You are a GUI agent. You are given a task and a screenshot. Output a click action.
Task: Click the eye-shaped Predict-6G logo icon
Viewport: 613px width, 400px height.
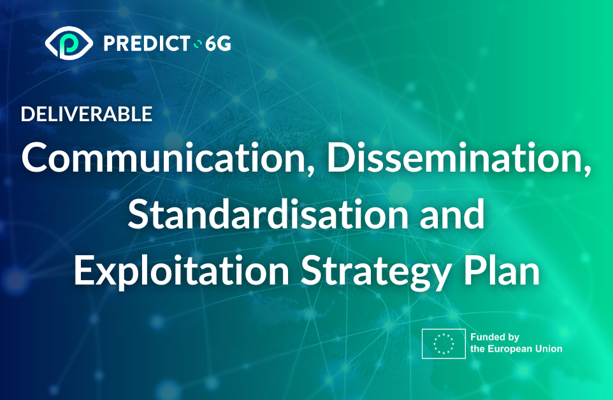click(69, 43)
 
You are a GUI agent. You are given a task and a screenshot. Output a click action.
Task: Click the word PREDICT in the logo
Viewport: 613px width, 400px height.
click(147, 43)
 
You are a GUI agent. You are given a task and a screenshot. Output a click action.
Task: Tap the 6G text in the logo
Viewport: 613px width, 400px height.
click(218, 43)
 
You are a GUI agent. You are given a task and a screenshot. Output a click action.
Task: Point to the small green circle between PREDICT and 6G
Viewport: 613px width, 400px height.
click(198, 44)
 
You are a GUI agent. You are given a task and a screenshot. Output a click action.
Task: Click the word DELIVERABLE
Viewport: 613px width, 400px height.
click(87, 114)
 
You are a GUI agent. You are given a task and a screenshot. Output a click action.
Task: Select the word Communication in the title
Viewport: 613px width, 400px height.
click(163, 158)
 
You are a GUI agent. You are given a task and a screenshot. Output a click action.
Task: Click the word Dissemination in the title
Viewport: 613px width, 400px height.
click(454, 158)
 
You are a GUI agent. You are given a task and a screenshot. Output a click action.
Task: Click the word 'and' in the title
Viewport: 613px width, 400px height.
click(452, 214)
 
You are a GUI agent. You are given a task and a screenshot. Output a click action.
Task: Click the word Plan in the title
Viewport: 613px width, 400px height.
click(501, 270)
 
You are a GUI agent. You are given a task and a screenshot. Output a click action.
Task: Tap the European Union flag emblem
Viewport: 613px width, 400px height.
click(444, 344)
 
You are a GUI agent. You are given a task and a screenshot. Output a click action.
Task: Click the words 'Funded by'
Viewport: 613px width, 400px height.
click(495, 337)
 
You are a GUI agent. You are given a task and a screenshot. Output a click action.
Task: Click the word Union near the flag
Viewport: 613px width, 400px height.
click(549, 349)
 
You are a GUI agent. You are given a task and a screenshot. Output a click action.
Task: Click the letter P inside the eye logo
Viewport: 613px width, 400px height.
click(69, 43)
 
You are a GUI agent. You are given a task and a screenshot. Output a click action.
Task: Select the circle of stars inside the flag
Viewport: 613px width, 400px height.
click(444, 344)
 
